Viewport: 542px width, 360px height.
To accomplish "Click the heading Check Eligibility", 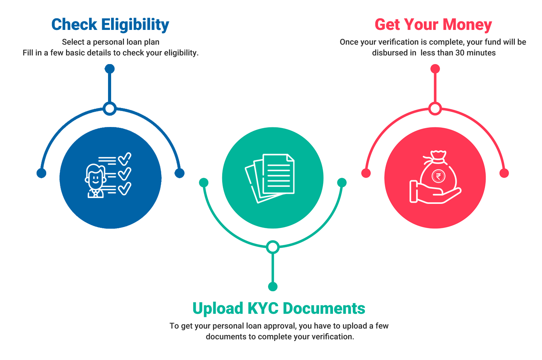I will pos(110,24).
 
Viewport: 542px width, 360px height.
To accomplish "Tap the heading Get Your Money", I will pos(433,24).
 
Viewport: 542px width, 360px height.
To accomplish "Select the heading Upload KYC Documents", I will pos(279,308).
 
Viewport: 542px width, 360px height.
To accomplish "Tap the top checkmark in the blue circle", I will pos(125,158).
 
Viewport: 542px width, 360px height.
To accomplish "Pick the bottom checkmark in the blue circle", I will pos(125,189).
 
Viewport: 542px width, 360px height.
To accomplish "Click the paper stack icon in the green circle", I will pos(270,177).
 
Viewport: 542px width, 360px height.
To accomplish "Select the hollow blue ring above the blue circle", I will pos(110,109).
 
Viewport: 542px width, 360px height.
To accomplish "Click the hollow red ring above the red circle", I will pos(435,109).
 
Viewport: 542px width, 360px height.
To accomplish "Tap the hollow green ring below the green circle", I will pos(273,247).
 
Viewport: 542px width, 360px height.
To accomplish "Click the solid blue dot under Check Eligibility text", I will pos(110,69).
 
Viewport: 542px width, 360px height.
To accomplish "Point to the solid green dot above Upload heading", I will pos(273,287).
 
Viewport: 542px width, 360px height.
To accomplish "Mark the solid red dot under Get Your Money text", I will pos(435,69).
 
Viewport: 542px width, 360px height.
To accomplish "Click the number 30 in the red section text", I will pos(460,52).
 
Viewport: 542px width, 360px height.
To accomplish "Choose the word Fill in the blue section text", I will pos(28,52).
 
